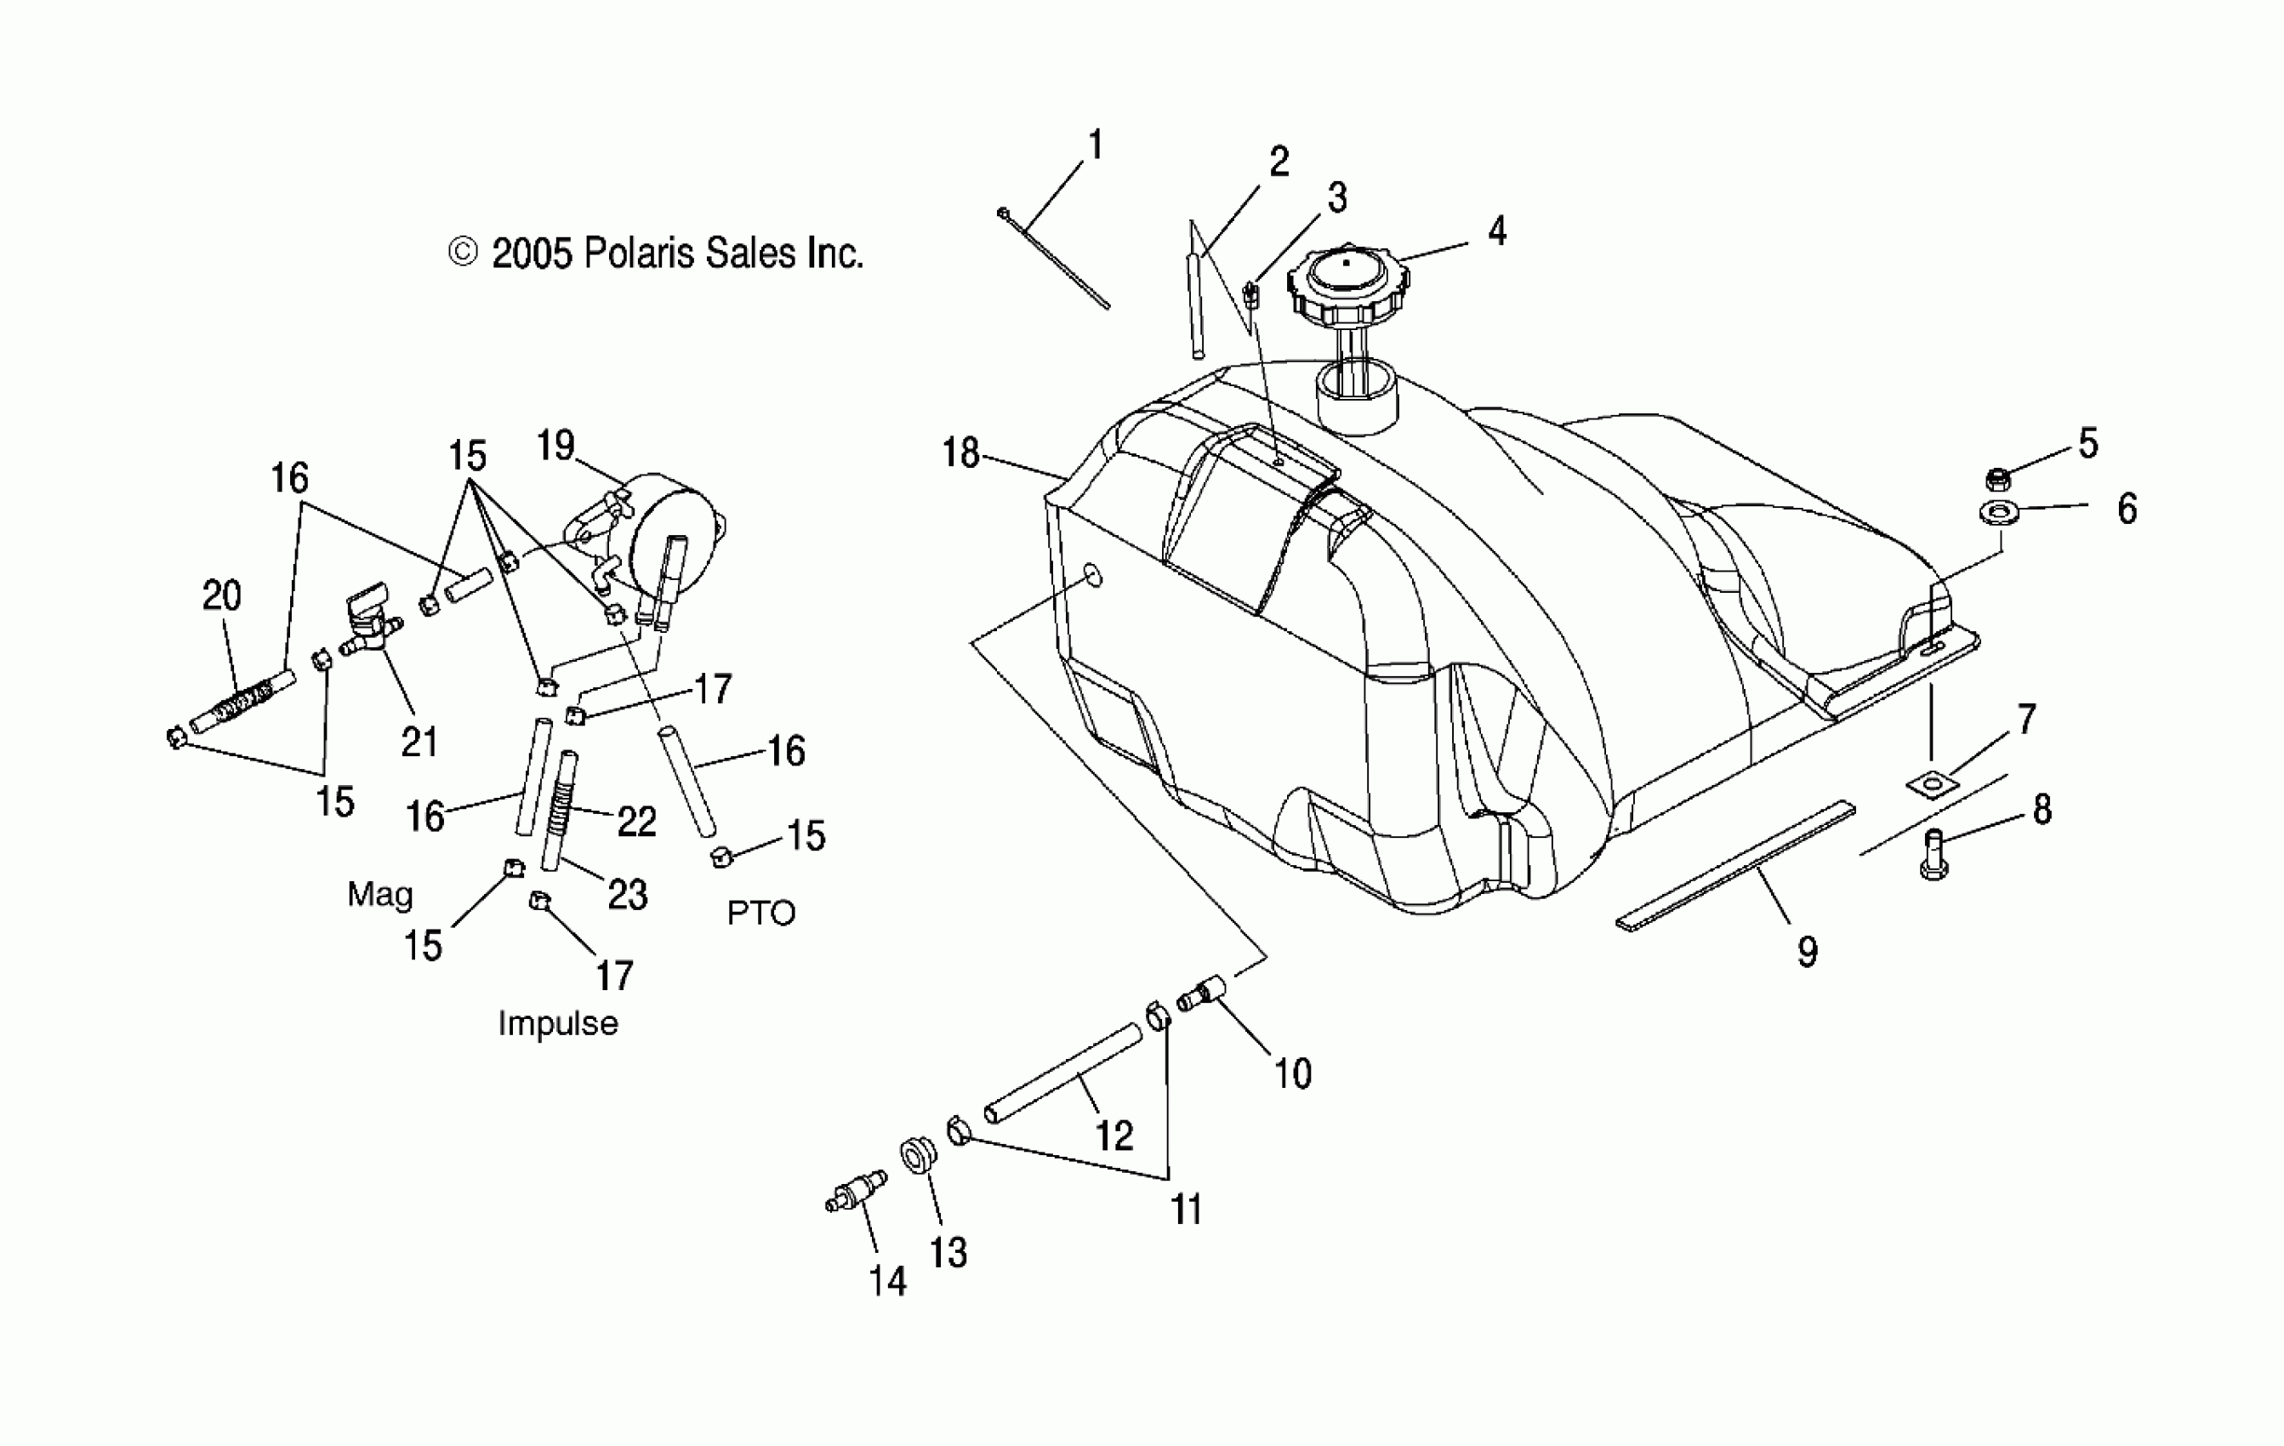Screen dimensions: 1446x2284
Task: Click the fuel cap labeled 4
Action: click(x=1347, y=283)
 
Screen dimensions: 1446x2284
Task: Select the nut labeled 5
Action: click(x=1997, y=479)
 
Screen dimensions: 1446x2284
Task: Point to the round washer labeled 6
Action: click(x=1997, y=513)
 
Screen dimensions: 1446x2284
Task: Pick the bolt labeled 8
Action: click(x=1933, y=853)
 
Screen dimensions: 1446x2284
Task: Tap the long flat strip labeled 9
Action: click(x=1736, y=865)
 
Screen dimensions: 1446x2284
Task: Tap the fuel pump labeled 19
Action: click(x=669, y=531)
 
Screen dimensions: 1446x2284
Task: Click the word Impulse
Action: click(x=558, y=1024)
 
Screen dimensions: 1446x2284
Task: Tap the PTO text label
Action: click(x=760, y=914)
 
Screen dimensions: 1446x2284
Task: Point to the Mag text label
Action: click(x=380, y=894)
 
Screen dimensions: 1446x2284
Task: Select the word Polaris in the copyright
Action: click(x=635, y=254)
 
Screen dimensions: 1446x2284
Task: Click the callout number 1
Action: click(x=1096, y=145)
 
